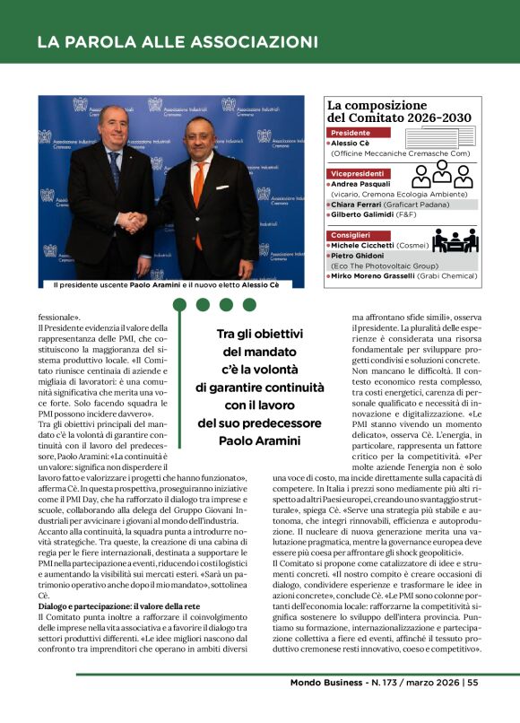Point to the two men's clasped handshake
point(134,222)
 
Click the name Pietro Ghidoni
point(360,256)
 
